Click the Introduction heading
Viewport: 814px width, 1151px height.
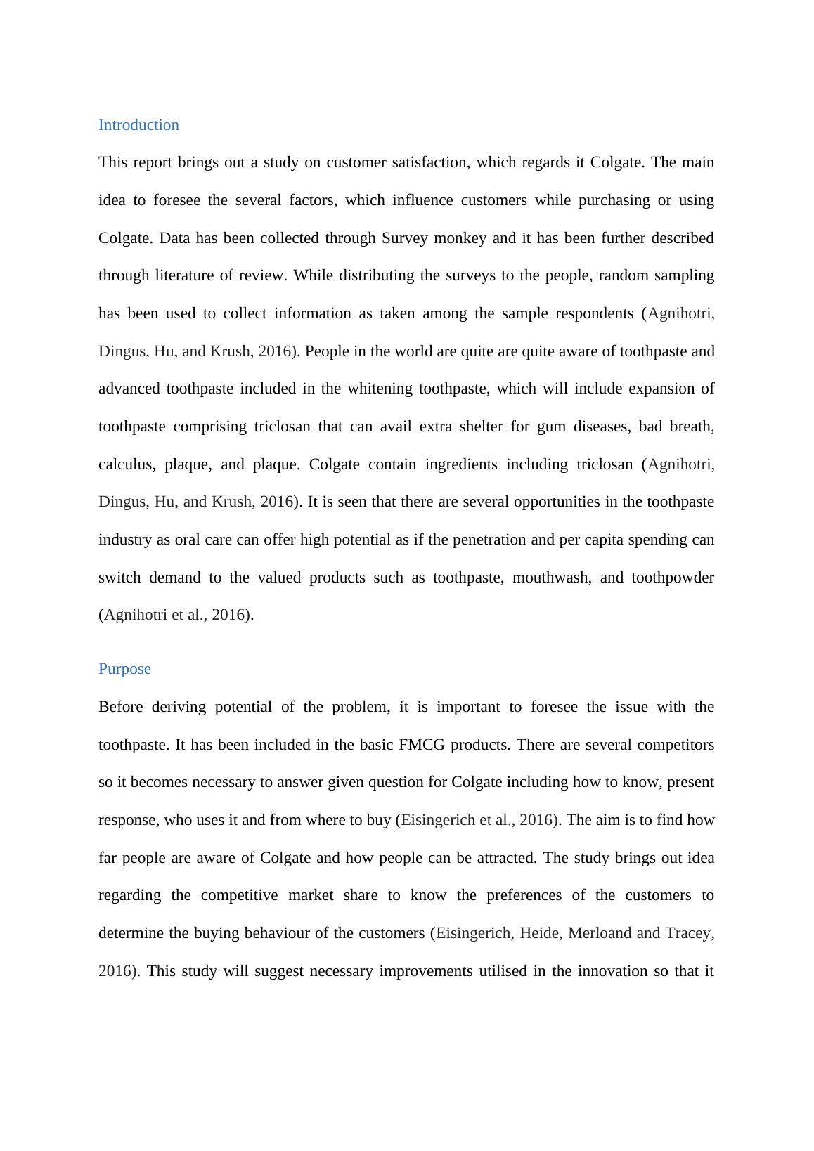138,125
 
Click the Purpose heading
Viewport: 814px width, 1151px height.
124,669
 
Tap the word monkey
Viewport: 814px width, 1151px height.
460,238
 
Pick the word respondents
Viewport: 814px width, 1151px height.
594,313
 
